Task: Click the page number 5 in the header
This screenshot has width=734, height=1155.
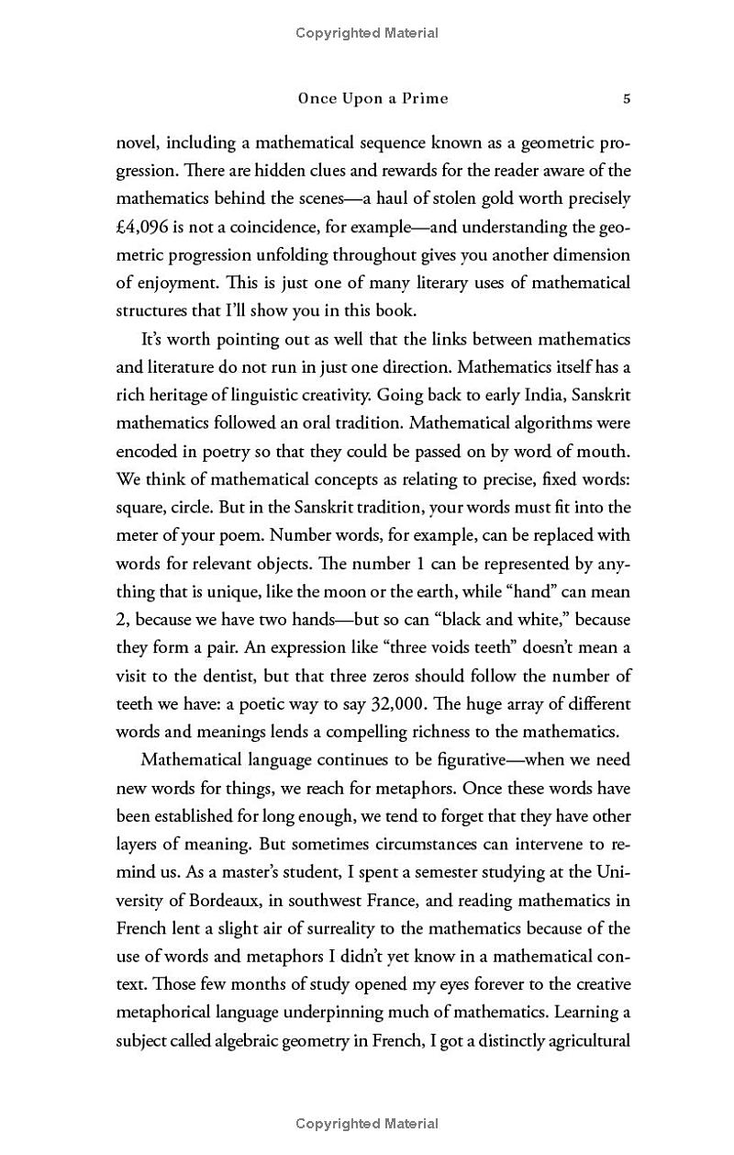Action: (626, 99)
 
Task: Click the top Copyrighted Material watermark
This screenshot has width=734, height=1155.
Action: (367, 33)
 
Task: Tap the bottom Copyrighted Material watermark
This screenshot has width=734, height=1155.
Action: (367, 1124)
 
